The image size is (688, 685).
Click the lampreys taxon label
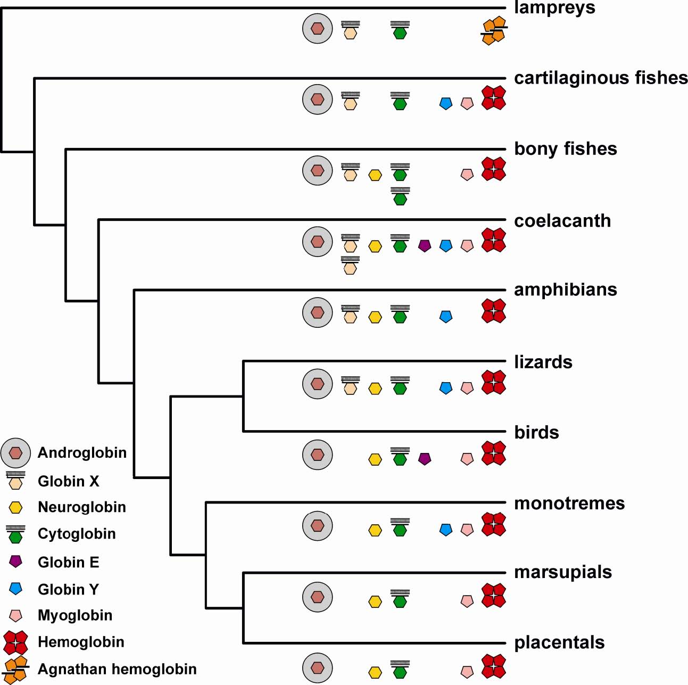554,9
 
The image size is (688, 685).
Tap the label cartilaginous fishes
601,78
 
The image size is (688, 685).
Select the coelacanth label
562,221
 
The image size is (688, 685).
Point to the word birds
536,432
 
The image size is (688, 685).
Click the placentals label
559,642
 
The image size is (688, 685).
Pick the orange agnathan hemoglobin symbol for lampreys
494,30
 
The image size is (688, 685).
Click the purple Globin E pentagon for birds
424,458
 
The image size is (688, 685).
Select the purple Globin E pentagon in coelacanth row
424,245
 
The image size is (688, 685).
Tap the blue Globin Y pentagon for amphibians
446,317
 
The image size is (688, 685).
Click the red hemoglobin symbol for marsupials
493,596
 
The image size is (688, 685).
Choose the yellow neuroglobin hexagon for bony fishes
375,175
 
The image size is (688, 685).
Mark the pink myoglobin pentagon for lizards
467,388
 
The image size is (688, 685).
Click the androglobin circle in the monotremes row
318,526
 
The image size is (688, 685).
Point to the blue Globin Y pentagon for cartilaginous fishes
446,103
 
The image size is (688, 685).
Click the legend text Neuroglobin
82,507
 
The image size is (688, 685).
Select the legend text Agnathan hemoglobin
117,669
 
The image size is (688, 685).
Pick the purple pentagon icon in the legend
16,561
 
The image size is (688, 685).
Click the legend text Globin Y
68,589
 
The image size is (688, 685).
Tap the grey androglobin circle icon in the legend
16,453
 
